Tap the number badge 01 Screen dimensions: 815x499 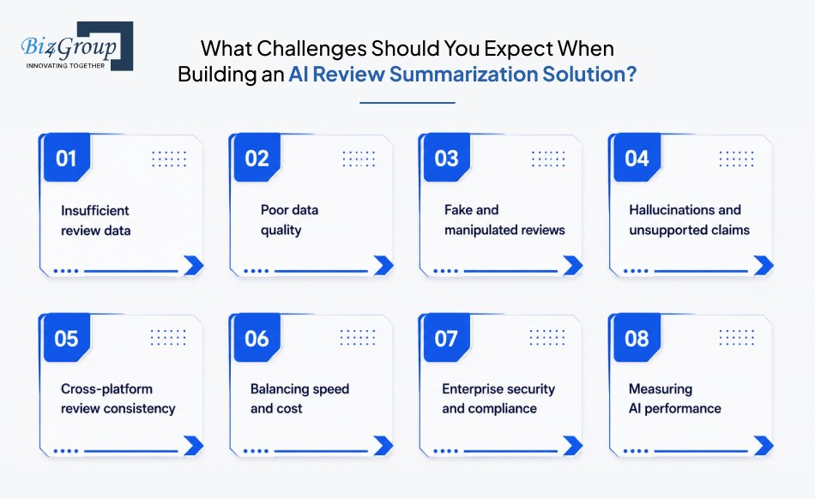(x=67, y=158)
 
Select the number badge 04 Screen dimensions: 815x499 (x=637, y=158)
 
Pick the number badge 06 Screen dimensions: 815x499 (x=257, y=338)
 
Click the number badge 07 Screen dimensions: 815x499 (x=446, y=338)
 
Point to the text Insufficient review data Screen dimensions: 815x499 (x=95, y=220)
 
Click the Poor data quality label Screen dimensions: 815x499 (x=289, y=219)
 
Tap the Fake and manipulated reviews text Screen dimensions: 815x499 (x=504, y=219)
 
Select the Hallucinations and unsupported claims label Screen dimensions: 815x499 (x=689, y=219)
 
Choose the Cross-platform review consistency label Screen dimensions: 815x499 (x=118, y=399)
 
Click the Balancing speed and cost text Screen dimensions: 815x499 (x=300, y=399)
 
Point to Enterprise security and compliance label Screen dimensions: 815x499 (x=498, y=399)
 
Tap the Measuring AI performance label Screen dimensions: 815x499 (x=674, y=399)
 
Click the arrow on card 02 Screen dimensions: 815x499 (x=383, y=265)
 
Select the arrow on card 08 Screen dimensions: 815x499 (x=764, y=446)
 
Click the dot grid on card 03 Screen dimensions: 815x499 (x=548, y=159)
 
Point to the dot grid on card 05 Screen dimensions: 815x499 (x=168, y=338)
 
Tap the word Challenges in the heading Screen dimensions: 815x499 (x=311, y=48)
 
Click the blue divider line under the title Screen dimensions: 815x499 (x=407, y=103)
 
